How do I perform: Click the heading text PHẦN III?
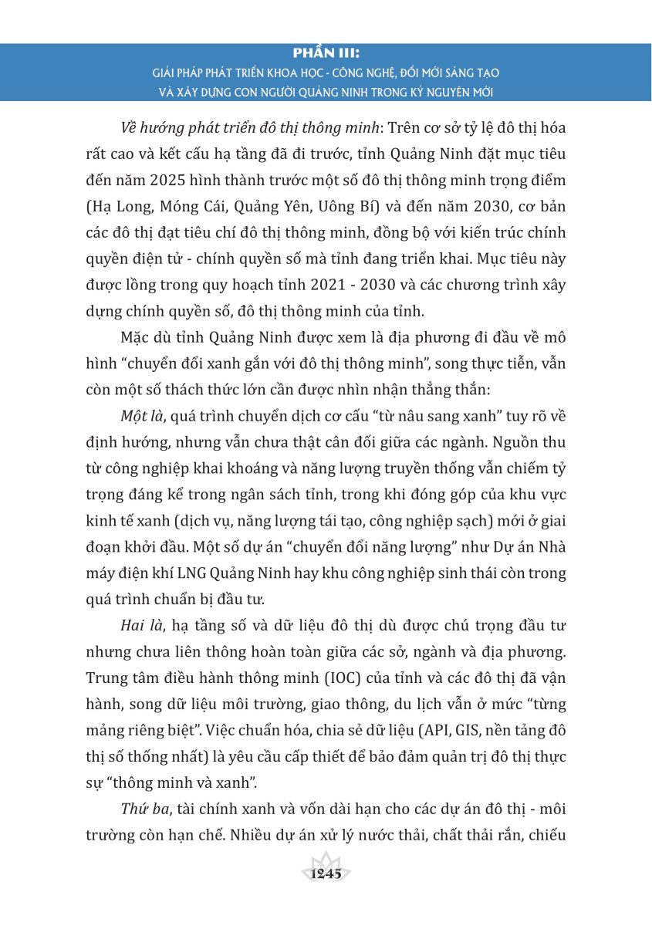coord(326,54)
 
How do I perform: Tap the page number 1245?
coord(326,874)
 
